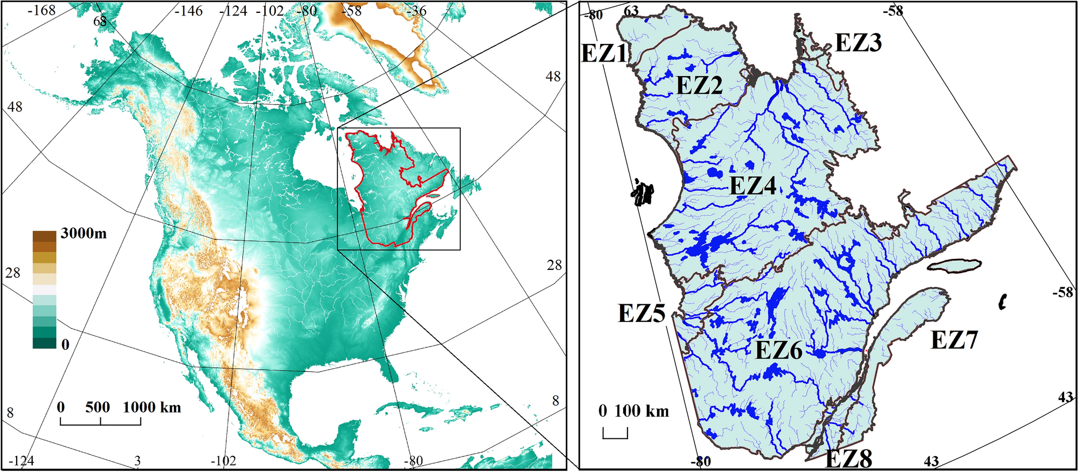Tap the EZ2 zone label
coord(699,85)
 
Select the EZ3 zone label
coord(858,42)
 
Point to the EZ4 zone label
coord(753,186)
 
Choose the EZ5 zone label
coord(641,313)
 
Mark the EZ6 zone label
coord(779,350)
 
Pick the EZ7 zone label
coord(954,340)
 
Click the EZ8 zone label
coord(848,459)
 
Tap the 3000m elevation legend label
coord(84,233)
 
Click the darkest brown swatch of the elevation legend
coord(45,236)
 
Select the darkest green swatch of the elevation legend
coord(45,343)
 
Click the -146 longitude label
coord(188,11)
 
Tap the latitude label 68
coord(100,21)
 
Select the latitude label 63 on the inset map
coord(631,11)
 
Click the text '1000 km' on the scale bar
coord(152,407)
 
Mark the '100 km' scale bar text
coord(641,411)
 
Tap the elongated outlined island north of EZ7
coord(954,265)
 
